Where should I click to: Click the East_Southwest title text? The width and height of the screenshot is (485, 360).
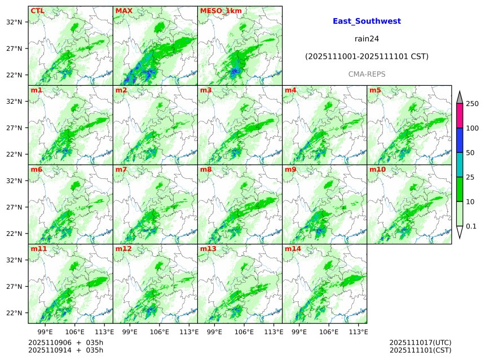367,21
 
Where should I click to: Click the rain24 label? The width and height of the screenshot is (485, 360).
367,39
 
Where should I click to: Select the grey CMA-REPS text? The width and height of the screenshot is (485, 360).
367,74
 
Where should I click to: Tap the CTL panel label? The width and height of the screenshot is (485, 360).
37,11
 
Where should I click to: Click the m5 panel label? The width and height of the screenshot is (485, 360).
375,90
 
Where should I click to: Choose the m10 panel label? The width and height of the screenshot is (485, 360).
377,169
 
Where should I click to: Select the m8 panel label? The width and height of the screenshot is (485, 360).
206,169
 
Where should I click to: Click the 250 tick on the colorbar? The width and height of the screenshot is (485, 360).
472,104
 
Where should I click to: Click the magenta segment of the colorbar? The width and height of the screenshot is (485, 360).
459,116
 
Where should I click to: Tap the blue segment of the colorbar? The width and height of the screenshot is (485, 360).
459,141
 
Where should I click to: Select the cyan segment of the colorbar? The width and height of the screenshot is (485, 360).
459,165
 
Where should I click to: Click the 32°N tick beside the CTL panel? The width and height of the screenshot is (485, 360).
14,22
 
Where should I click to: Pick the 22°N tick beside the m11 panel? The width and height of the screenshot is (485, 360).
14,313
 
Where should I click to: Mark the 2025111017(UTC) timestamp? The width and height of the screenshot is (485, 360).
420,343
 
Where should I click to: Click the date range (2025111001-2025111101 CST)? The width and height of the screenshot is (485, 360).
367,57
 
